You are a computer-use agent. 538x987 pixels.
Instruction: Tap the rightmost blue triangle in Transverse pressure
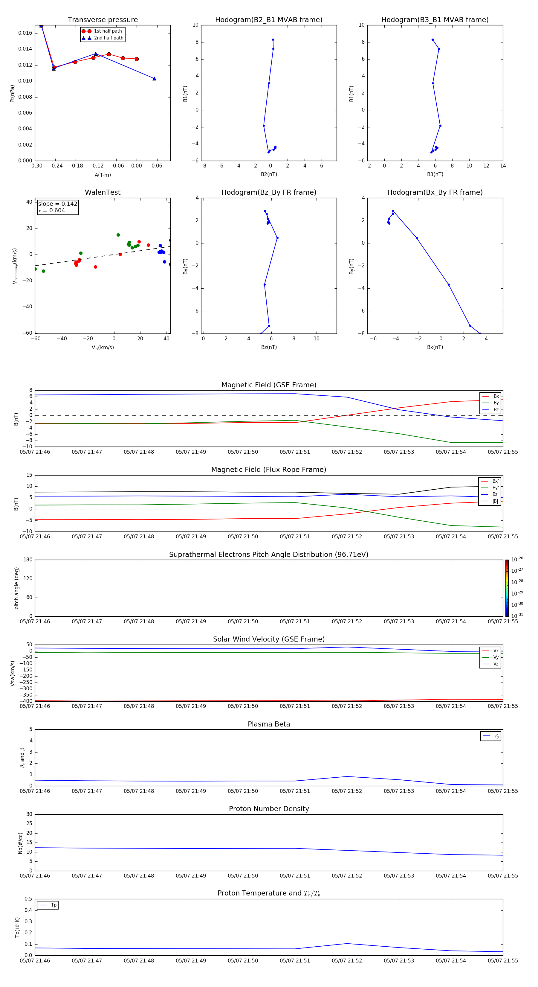[x=154, y=79]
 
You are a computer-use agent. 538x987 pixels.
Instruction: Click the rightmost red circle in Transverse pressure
[x=137, y=59]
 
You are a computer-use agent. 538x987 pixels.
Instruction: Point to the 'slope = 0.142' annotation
[x=57, y=204]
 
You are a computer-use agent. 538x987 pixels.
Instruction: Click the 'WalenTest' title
[x=103, y=192]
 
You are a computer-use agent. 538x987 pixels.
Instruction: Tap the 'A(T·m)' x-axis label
[x=103, y=175]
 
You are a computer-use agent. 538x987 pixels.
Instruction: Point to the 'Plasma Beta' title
[x=269, y=724]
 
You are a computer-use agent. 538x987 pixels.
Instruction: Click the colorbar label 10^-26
[x=517, y=559]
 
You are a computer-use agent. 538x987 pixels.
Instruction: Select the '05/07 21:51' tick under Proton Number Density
[x=295, y=875]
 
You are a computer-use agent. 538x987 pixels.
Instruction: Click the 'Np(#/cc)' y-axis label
[x=21, y=843]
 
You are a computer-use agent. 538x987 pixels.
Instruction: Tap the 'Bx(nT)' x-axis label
[x=435, y=347]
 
